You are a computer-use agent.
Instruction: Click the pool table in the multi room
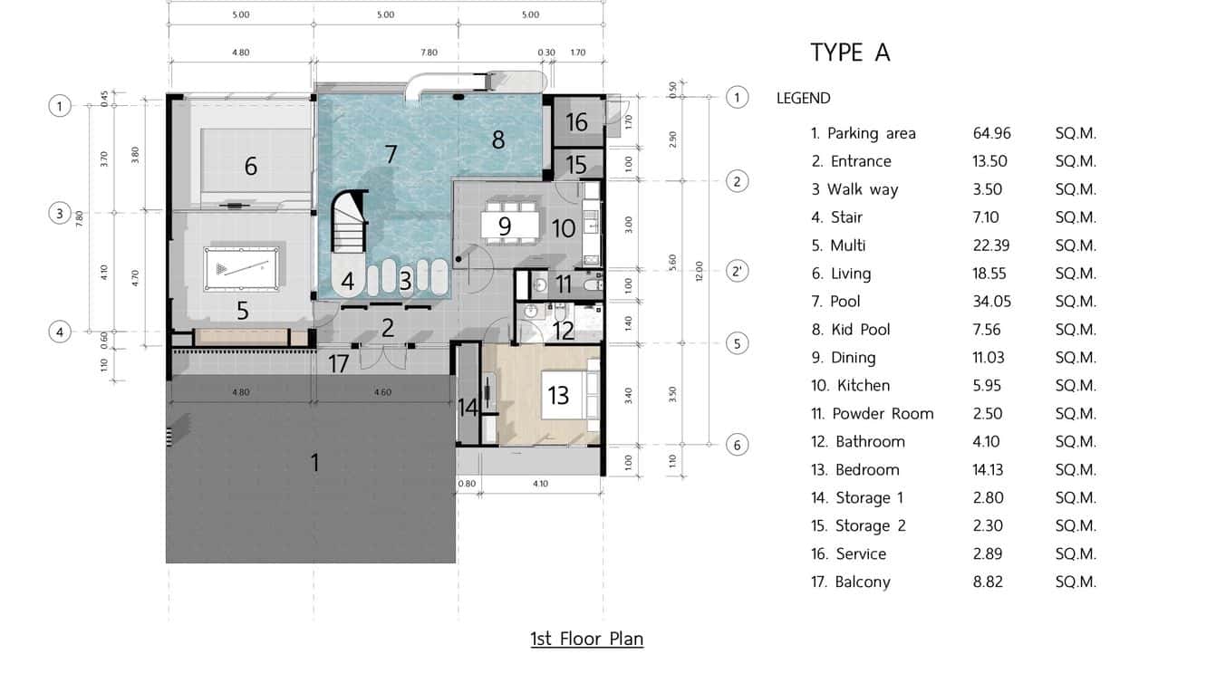(x=237, y=267)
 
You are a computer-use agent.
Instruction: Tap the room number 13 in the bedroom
(x=558, y=395)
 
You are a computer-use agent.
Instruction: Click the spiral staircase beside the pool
(x=350, y=226)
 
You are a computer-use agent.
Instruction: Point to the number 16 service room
(x=576, y=121)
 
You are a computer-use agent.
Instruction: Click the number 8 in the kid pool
(x=497, y=139)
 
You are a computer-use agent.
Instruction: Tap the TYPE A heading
(x=850, y=53)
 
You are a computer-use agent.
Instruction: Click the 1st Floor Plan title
(x=586, y=639)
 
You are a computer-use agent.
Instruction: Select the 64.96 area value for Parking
(x=991, y=133)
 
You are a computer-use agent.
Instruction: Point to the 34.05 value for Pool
(x=991, y=302)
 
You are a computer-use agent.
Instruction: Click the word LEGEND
(x=803, y=99)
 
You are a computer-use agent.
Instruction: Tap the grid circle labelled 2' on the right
(x=738, y=271)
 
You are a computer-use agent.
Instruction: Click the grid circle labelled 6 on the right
(x=738, y=445)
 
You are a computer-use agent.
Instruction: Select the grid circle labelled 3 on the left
(x=60, y=214)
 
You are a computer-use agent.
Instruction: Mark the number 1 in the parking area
(x=314, y=463)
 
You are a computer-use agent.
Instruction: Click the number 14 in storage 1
(x=468, y=408)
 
